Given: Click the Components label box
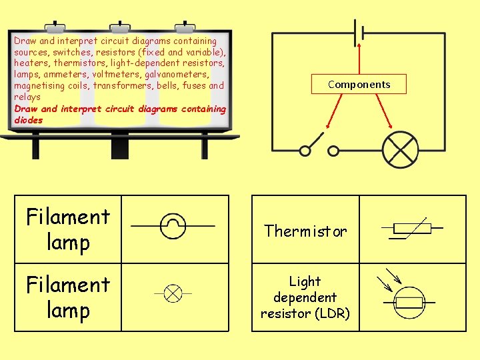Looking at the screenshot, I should coord(359,84).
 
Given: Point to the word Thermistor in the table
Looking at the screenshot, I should coord(305,231).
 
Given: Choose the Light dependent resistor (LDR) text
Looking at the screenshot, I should coord(305,297).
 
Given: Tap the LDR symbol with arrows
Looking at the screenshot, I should coord(407,297).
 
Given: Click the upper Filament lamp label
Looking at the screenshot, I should coord(68,229).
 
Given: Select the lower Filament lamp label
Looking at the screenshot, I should coord(68,297).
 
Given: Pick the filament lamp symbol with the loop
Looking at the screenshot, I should coord(173,227).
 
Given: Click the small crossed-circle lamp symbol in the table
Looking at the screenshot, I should coord(173,293).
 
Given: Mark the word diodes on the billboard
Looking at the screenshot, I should coord(28,121).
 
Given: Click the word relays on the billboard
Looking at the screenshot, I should coord(27,97).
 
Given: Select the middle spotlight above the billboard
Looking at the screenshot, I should coord(121,28).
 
